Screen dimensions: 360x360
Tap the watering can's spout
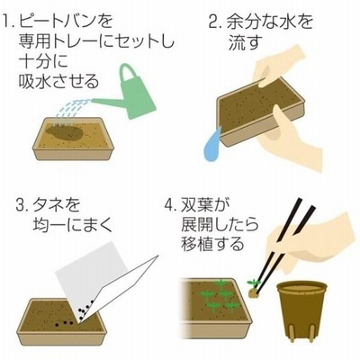pyautogui.click(x=106, y=103)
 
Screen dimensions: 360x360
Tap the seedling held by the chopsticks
pyautogui.click(x=254, y=289)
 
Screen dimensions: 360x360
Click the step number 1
pyautogui.click(x=8, y=22)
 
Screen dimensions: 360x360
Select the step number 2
pyautogui.click(x=215, y=22)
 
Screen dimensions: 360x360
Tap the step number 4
pyautogui.click(x=170, y=205)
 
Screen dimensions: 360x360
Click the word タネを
pyautogui.click(x=57, y=205)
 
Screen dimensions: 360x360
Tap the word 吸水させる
pyautogui.click(x=58, y=80)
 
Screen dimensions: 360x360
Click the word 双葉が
pyautogui.click(x=205, y=205)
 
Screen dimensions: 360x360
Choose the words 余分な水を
pyautogui.click(x=269, y=22)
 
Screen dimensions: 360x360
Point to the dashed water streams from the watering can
pyautogui.click(x=71, y=112)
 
